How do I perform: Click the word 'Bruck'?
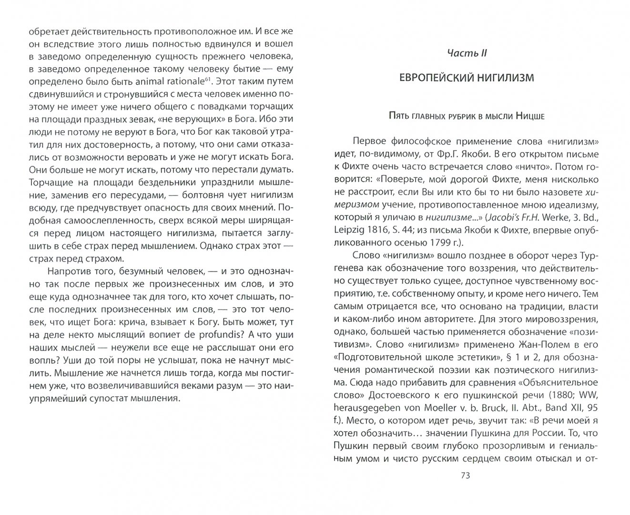click(490, 408)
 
